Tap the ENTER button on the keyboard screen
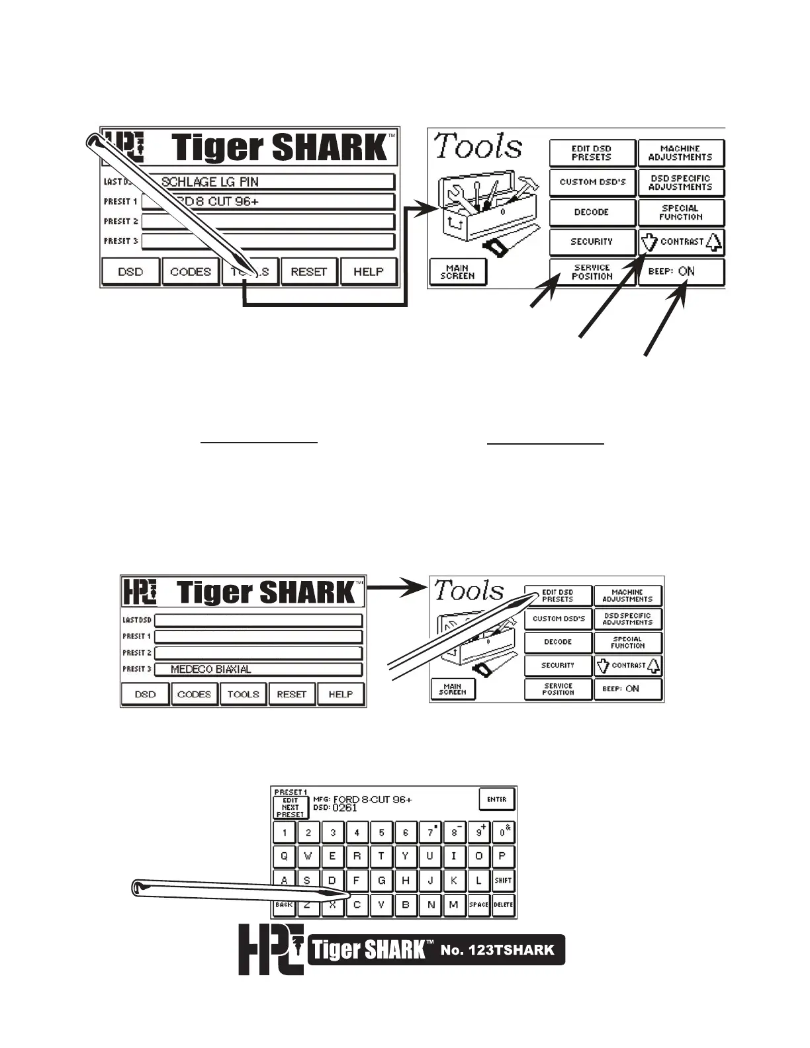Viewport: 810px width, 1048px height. pyautogui.click(x=496, y=799)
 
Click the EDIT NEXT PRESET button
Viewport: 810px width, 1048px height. pyautogui.click(x=291, y=807)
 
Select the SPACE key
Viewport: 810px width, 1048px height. pyautogui.click(x=478, y=904)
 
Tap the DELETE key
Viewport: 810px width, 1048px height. pyautogui.click(x=504, y=904)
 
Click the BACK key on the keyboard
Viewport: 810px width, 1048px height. pyautogui.click(x=284, y=904)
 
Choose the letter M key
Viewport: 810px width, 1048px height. pyautogui.click(x=454, y=904)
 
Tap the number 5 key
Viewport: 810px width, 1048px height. pyautogui.click(x=381, y=832)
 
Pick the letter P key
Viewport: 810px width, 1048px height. pyautogui.click(x=503, y=856)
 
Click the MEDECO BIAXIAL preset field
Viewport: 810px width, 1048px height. pyautogui.click(x=258, y=669)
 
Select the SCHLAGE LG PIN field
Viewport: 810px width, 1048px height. pyautogui.click(x=268, y=182)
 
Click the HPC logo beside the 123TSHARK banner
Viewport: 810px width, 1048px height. pyautogui.click(x=271, y=949)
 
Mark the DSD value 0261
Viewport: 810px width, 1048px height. pyautogui.click(x=345, y=807)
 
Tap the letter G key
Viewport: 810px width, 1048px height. pyautogui.click(x=381, y=881)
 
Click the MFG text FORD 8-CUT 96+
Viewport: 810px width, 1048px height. pyautogui.click(x=372, y=799)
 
